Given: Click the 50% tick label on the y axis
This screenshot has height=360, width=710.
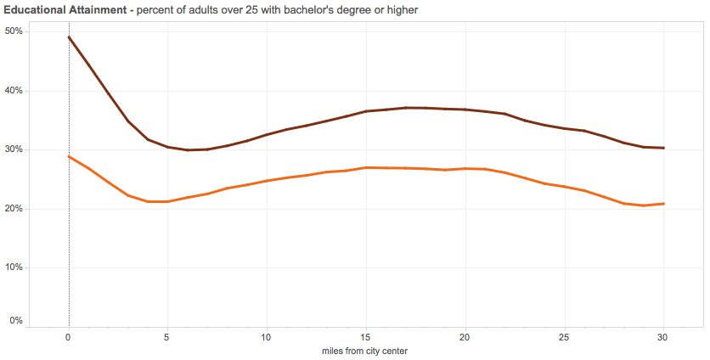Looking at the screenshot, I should (x=14, y=31).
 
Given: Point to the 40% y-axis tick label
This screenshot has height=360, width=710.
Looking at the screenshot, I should (x=14, y=91).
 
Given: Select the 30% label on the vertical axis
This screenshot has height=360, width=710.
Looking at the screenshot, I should (x=14, y=149).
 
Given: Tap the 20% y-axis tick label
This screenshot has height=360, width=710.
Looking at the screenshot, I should (x=14, y=209).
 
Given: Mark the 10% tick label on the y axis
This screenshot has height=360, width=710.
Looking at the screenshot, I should (x=14, y=267).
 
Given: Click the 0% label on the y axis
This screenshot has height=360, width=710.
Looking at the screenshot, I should (x=16, y=321).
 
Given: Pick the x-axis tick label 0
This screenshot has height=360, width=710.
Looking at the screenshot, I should (x=69, y=336).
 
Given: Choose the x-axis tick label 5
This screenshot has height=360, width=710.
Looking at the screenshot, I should (x=167, y=336).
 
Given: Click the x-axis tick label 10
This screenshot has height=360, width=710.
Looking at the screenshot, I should (x=267, y=336).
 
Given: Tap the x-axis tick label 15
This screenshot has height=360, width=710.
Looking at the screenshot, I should (x=366, y=336).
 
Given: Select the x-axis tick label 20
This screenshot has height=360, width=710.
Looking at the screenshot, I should (x=465, y=336).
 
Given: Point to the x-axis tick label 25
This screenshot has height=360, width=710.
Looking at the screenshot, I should (x=564, y=336).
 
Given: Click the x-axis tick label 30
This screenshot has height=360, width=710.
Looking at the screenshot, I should (x=663, y=336).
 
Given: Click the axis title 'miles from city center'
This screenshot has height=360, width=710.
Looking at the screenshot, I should (x=366, y=350).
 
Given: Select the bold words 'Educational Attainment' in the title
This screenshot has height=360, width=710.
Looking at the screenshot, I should (x=64, y=9).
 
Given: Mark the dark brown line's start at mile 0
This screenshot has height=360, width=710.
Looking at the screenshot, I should (x=69, y=37).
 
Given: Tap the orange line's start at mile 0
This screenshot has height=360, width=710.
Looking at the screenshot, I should (x=69, y=156).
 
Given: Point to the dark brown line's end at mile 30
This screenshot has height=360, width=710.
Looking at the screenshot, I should (x=663, y=148).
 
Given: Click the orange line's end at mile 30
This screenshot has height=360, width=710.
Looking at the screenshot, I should (x=663, y=204).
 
